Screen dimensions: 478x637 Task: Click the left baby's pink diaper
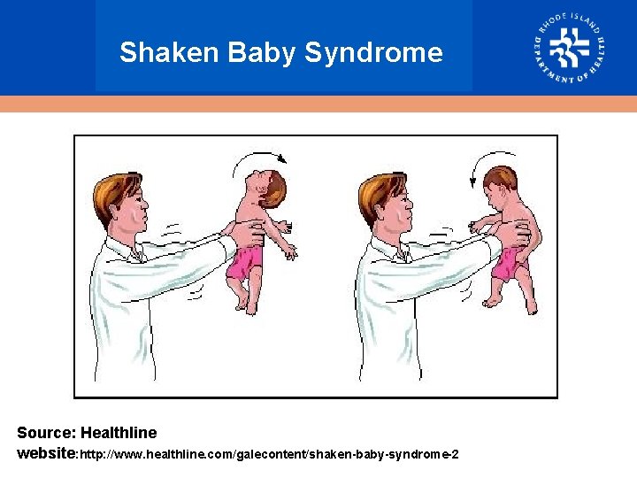[244, 264]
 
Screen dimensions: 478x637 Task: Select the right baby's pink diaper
[506, 264]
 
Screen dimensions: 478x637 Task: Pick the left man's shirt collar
[133, 252]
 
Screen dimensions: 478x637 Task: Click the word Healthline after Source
[119, 433]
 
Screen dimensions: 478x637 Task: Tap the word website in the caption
[46, 453]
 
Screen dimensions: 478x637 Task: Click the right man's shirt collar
[394, 252]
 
